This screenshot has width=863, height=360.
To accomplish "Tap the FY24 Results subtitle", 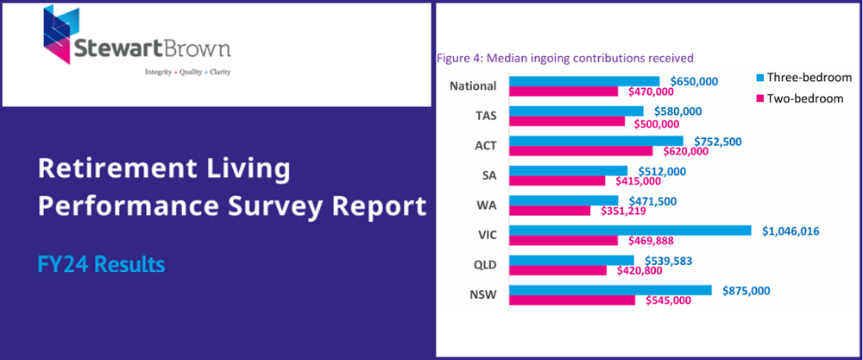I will point(100,264).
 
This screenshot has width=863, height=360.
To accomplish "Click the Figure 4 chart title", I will point(566,58).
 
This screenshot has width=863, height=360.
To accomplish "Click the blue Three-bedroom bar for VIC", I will point(630,231).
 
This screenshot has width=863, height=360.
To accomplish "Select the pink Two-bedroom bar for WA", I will point(550,210).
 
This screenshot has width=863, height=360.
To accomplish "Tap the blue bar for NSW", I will point(610,290).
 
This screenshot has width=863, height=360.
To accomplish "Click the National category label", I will point(473,85).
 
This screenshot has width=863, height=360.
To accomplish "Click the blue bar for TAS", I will point(576,111).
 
